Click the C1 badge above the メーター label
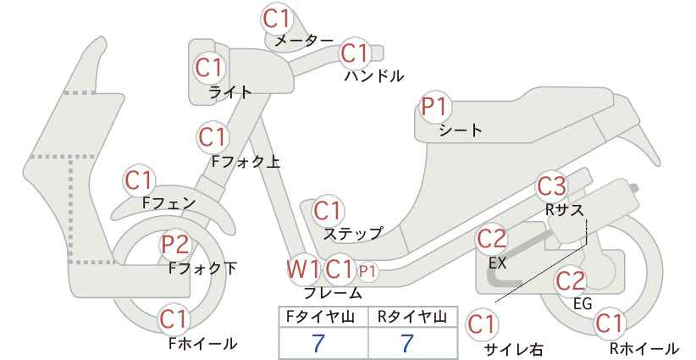point(277,19)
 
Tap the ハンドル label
point(374,76)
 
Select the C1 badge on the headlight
point(209,68)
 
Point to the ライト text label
point(230,91)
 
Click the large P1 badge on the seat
point(435,107)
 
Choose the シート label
point(461,130)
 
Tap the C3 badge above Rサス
point(552,186)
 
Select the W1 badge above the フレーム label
point(303,269)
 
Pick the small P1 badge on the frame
point(367,271)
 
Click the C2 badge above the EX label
point(492,239)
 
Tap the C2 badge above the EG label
point(571,281)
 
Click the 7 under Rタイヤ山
point(407,343)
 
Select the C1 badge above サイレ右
point(482,324)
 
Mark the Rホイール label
point(644,348)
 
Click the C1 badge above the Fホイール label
point(174,319)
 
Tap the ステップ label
point(352,234)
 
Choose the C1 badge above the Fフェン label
point(139,180)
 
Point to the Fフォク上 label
point(246,162)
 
